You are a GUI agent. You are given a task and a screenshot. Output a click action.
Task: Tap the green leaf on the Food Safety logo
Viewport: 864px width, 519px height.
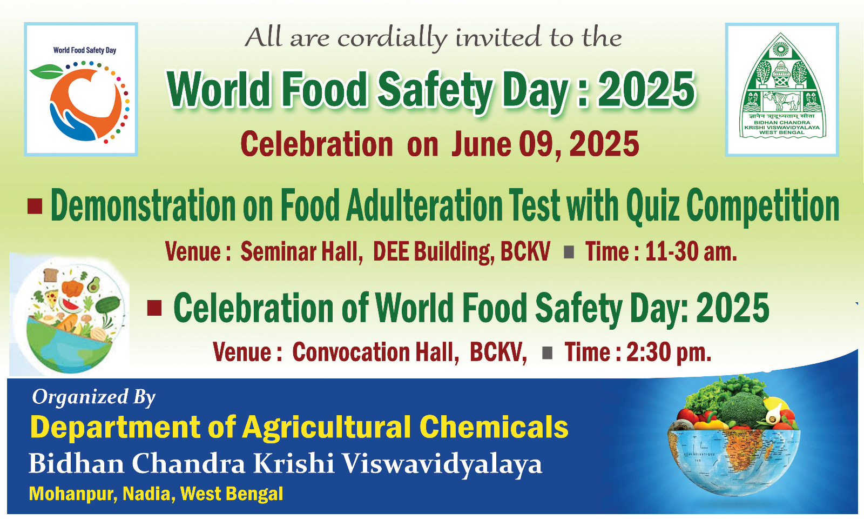click(x=46, y=71)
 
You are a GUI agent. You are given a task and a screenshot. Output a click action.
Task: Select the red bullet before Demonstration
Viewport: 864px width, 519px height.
click(x=35, y=206)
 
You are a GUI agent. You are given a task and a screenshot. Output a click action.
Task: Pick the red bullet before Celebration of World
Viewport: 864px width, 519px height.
click(x=154, y=309)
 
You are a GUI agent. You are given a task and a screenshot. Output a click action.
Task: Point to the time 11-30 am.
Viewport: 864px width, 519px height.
click(x=691, y=252)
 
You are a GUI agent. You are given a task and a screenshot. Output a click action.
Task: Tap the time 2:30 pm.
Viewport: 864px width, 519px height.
click(x=669, y=352)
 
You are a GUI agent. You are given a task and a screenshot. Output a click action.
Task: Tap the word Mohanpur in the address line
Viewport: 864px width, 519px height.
click(x=73, y=494)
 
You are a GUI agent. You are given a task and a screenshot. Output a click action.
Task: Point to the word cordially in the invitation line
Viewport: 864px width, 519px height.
click(x=392, y=38)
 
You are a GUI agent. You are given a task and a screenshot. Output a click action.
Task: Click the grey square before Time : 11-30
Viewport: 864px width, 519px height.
click(x=569, y=252)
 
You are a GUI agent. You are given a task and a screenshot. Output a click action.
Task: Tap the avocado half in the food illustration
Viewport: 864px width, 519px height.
click(x=93, y=285)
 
